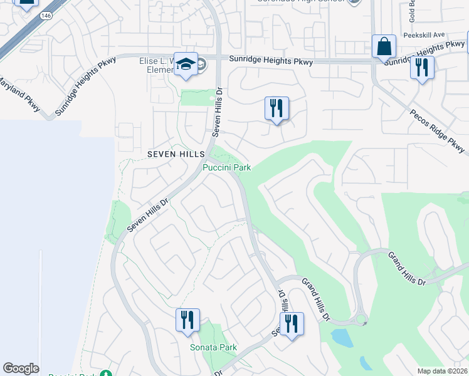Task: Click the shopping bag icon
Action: [383, 47]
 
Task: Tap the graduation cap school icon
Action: [186, 65]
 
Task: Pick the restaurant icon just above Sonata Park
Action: [187, 321]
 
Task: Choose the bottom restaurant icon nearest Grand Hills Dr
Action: [291, 324]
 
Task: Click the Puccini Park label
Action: [226, 167]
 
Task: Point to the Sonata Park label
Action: [213, 347]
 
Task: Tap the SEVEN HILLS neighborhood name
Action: [176, 154]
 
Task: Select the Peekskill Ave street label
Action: [424, 35]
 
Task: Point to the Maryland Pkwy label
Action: [19, 95]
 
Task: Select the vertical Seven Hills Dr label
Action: [218, 112]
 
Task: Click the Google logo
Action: [21, 368]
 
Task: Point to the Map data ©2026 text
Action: [442, 371]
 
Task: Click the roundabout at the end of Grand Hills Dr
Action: [361, 320]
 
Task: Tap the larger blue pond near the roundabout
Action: [342, 338]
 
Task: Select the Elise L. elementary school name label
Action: [157, 66]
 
